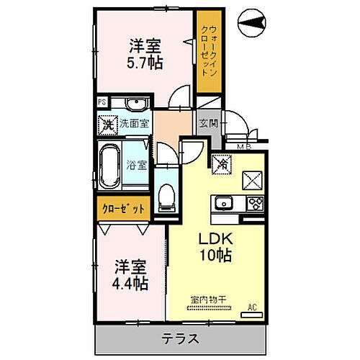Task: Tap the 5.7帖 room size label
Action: click(x=145, y=62)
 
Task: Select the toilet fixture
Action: click(x=166, y=194)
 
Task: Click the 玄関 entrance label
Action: click(x=208, y=122)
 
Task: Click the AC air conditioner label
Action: click(x=251, y=307)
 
